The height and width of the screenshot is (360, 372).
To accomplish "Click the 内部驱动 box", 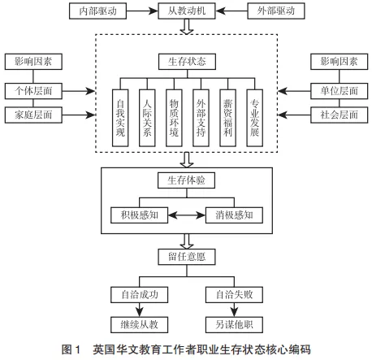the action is coord(97,11).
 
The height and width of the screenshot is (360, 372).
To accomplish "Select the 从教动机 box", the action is coord(187,11).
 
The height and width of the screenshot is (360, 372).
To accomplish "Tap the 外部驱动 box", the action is coord(276,11).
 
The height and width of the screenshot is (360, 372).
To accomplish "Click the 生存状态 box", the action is coord(187,62).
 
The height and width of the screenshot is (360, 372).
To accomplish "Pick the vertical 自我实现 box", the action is coord(120,118).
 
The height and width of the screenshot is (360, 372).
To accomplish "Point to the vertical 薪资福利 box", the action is coord(227,118).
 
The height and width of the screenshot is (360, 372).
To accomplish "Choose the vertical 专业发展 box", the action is coord(254,118).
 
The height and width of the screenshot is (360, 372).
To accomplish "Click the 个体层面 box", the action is coord(33,91).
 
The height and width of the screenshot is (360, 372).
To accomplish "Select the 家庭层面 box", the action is coord(33,115).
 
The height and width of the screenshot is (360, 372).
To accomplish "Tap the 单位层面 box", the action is coord(339,91).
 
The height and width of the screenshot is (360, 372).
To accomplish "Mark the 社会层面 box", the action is coord(339,115).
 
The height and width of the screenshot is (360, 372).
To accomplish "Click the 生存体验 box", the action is coord(186,180).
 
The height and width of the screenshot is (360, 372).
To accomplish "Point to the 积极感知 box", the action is coord(139,215).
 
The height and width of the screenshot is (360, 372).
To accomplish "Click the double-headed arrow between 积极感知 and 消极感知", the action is coord(187,215).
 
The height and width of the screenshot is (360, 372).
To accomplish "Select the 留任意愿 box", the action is coord(187,257).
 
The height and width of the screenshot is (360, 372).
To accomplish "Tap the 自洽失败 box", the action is coord(234,295).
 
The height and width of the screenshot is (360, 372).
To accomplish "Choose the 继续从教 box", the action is coord(139,324).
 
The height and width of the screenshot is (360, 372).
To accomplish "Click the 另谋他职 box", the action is coord(234,324).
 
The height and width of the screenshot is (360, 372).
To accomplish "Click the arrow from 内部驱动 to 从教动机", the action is coord(142,11).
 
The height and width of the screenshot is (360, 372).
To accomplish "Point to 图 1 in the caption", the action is coord(71,349).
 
